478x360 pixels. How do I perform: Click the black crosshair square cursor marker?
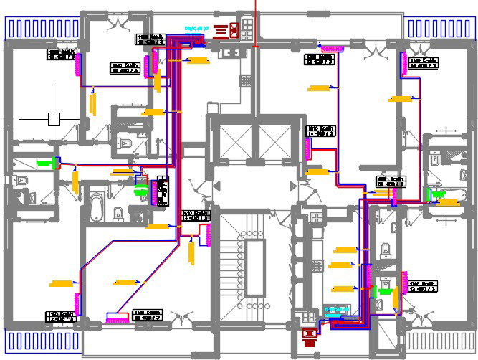point(54,119)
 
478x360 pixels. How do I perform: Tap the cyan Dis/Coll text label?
point(196,29)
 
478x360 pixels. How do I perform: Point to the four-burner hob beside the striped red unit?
point(247,28)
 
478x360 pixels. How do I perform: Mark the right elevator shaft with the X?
point(274,143)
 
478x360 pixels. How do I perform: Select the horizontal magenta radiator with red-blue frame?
point(118,316)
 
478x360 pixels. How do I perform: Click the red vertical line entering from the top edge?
point(257,22)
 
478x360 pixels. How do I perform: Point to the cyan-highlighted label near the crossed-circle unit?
point(335,310)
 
